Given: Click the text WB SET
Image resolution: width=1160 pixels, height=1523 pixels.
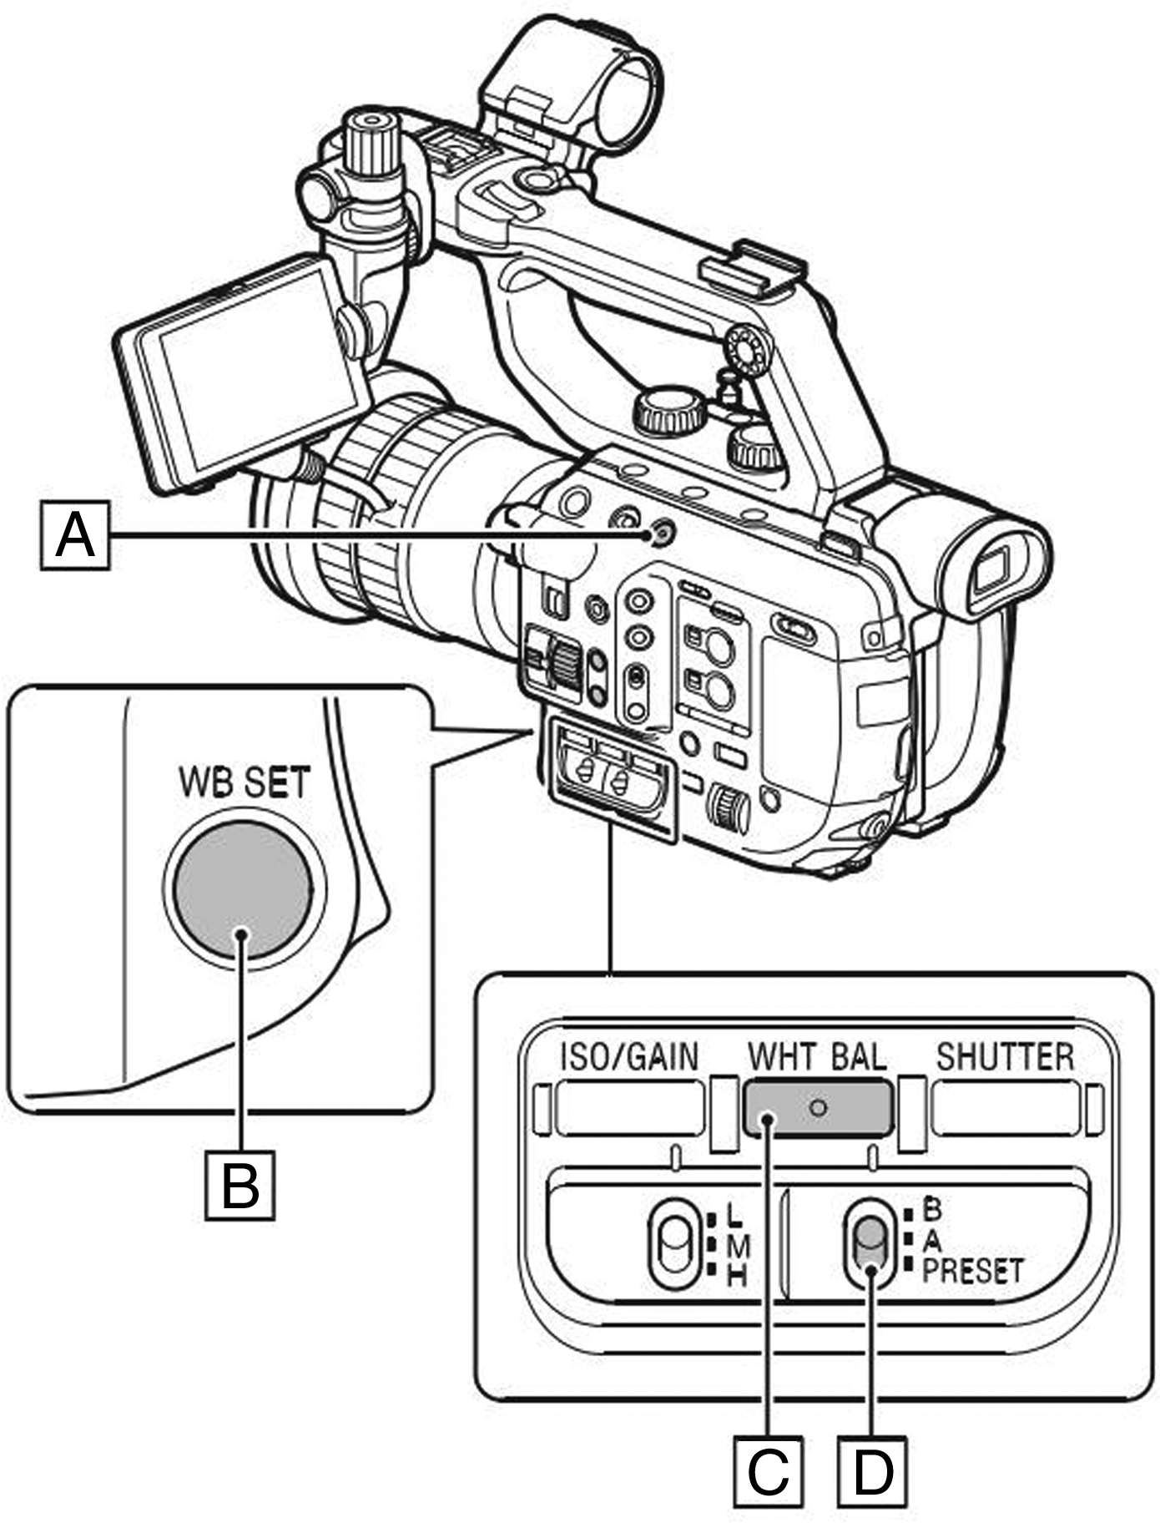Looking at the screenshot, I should click(x=244, y=783).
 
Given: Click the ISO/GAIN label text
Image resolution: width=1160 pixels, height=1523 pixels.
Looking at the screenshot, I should click(x=628, y=1056).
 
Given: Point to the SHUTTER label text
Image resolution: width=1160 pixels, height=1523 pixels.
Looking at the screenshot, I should click(x=1005, y=1056).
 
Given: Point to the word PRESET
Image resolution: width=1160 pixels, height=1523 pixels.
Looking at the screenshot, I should click(x=972, y=1270).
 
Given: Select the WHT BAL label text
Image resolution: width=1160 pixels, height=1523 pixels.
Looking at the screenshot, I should click(x=817, y=1056).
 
